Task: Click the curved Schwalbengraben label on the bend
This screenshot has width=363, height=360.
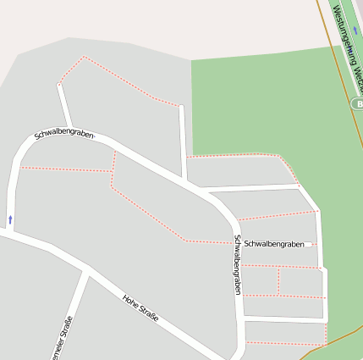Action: [x=63, y=134]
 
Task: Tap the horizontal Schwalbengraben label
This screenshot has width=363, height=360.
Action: [x=273, y=244]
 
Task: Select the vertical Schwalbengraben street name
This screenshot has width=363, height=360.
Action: [x=238, y=264]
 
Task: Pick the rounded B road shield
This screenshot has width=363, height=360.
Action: [x=357, y=103]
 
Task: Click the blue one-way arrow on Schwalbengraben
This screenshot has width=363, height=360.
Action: [x=10, y=219]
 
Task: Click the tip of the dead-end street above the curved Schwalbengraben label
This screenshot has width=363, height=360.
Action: [x=59, y=84]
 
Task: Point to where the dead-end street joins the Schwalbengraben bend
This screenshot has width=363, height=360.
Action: [x=70, y=128]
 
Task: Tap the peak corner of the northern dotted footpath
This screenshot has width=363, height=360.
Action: [x=84, y=57]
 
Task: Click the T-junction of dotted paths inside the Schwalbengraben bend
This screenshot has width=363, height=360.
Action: [x=112, y=170]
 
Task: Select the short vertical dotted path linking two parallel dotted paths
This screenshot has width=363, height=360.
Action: [x=278, y=281]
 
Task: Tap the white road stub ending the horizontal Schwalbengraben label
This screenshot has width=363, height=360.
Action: [x=310, y=244]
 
